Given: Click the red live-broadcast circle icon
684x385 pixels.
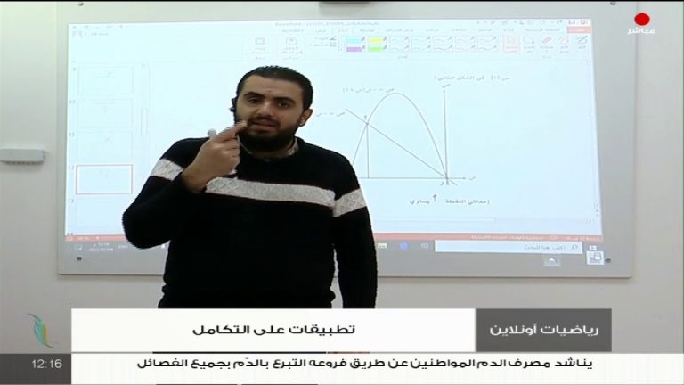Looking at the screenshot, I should [642, 19].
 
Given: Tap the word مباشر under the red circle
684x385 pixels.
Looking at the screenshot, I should [642, 32].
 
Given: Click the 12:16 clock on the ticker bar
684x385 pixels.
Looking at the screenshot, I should [45, 364].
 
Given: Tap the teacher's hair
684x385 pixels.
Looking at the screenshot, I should [272, 79].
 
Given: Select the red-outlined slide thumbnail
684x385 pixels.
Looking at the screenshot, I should [104, 179].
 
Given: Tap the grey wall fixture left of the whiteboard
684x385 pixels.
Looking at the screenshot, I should [21, 156].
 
